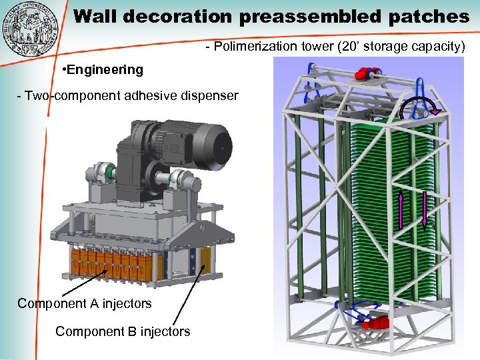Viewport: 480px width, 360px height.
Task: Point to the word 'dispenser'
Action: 206,95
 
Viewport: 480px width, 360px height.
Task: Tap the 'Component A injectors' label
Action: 85,303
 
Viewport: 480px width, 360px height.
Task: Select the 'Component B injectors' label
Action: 123,331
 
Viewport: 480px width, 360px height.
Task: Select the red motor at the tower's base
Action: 377,323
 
